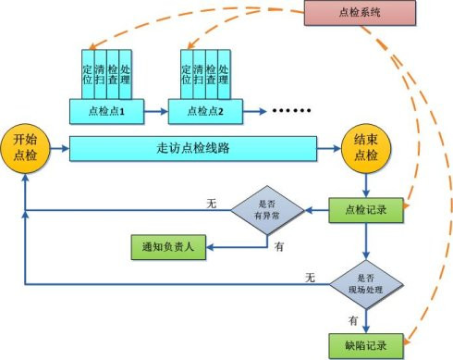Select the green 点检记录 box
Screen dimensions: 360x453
[367, 210]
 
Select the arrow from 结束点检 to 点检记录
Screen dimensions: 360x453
[367, 182]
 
